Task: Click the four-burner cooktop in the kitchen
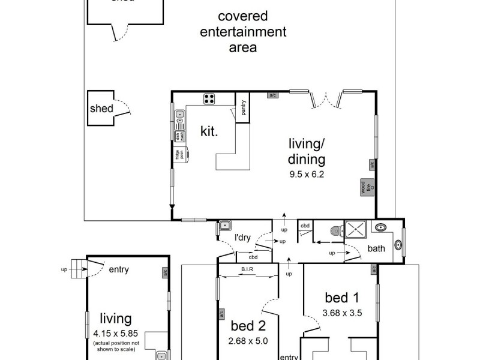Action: pyautogui.click(x=210, y=99)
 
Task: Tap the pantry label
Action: pyautogui.click(x=244, y=108)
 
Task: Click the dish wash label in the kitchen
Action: pyautogui.click(x=178, y=137)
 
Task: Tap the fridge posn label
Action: pyautogui.click(x=179, y=155)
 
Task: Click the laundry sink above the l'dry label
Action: pyautogui.click(x=224, y=226)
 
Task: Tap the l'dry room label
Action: pyautogui.click(x=242, y=238)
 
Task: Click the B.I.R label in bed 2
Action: pyautogui.click(x=247, y=269)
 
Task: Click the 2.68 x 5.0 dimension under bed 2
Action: pyautogui.click(x=249, y=341)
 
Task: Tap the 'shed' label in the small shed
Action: pyautogui.click(x=101, y=109)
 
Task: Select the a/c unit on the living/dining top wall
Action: pyautogui.click(x=272, y=95)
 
